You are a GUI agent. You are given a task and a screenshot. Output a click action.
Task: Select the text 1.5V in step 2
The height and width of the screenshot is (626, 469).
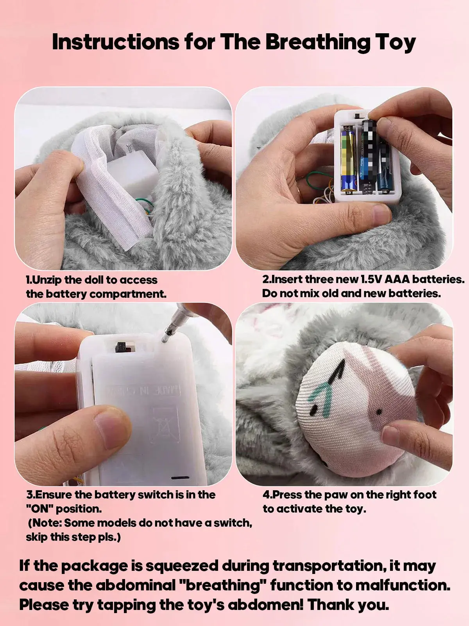[x=371, y=279]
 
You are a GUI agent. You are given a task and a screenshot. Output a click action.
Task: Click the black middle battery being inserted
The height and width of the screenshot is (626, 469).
[x=367, y=156]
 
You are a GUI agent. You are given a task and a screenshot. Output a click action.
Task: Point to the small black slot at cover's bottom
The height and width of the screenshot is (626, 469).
[x=181, y=478]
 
